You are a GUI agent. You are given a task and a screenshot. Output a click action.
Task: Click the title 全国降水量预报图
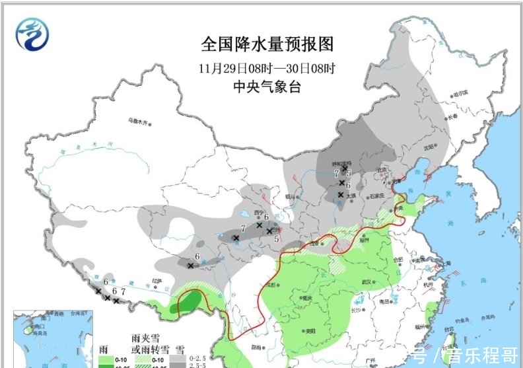coord(267,45)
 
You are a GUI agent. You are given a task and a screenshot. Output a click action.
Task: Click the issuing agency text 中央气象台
coord(267,87)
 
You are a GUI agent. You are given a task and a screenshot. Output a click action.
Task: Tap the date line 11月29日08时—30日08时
coord(267,67)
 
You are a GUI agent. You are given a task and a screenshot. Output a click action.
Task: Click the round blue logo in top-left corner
coord(32,34)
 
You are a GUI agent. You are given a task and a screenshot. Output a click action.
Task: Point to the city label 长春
coord(452,117)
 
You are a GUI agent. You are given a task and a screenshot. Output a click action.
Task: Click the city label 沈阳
coord(430,147)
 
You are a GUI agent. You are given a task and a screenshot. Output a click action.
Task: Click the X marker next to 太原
coord(340,194)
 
